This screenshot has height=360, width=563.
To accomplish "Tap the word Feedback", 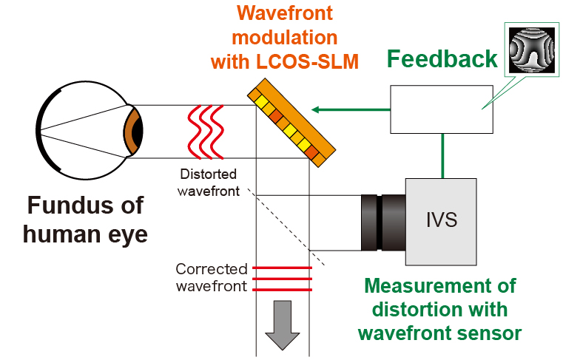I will [442, 59].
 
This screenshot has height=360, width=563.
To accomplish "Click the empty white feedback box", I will [441, 109].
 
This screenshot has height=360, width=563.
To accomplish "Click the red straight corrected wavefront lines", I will [282, 279].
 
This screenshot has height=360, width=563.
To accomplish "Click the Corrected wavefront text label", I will [211, 278].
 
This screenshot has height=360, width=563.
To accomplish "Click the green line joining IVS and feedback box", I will [442, 156].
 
